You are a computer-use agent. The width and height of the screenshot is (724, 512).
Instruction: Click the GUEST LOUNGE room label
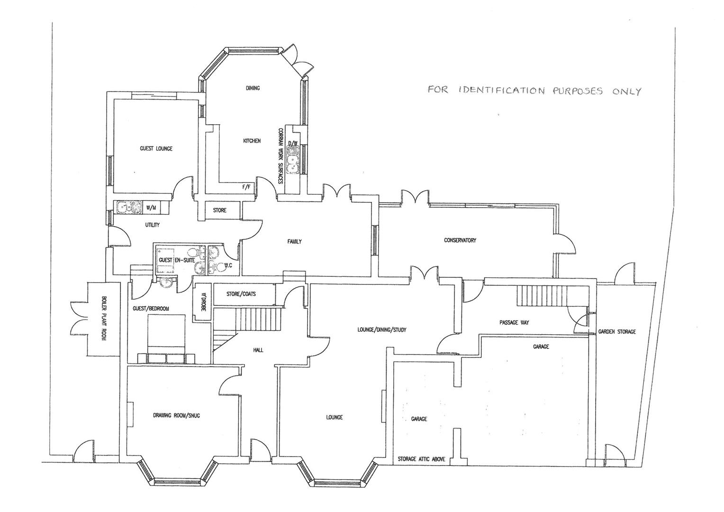(156, 148)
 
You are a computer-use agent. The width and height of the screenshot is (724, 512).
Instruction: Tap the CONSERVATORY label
(460, 240)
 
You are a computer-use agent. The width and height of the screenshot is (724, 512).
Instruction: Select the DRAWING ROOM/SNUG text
(176, 416)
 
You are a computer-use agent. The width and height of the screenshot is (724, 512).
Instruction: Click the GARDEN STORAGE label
(616, 332)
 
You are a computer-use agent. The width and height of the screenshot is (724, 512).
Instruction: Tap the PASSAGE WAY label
(514, 322)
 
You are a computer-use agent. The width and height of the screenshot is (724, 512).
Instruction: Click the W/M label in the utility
(151, 207)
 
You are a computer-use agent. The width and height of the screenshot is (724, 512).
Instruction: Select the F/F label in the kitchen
(246, 187)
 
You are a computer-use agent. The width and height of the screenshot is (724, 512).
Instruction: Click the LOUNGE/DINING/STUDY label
(382, 329)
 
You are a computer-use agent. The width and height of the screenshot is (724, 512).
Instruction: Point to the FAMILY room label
(294, 241)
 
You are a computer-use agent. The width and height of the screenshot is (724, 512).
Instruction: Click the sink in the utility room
(128, 207)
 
